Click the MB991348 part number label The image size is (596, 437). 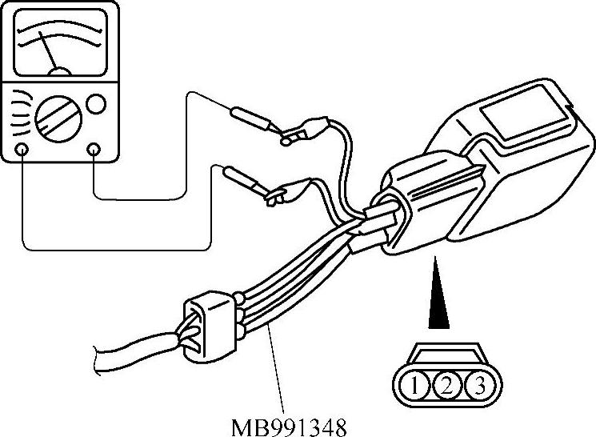[290, 425]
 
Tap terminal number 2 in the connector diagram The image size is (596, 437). [446, 387]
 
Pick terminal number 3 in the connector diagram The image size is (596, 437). [476, 387]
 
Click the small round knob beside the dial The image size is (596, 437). [96, 104]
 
